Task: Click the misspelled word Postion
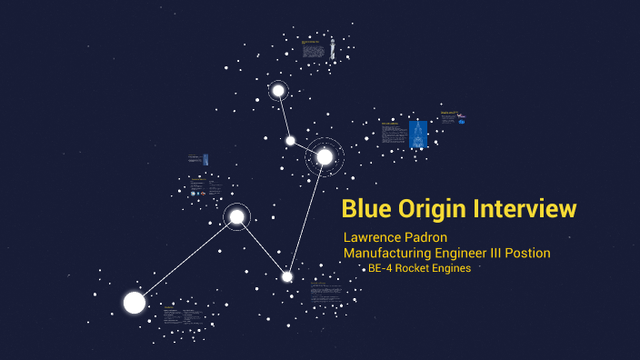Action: pos(531,253)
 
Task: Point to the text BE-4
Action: pos(380,268)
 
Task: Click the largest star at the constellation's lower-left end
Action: pos(135,303)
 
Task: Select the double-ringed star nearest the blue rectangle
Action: pos(325,157)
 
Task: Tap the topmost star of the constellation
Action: pos(278,91)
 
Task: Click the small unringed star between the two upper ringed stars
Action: pos(291,140)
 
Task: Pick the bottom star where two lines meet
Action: pos(287,276)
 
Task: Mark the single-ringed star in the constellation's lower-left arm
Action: pos(237,216)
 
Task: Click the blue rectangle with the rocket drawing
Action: pos(418,135)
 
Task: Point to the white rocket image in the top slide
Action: pos(331,47)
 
